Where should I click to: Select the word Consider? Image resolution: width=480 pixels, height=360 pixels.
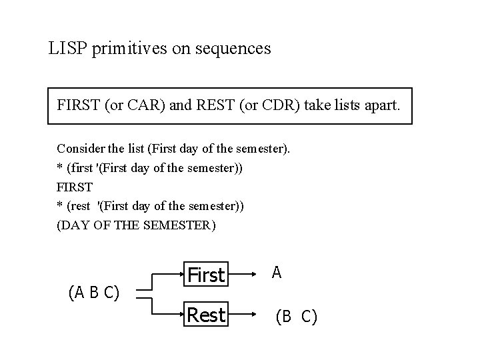pos(78,148)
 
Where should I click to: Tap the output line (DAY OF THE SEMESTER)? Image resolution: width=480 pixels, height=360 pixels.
pos(137,225)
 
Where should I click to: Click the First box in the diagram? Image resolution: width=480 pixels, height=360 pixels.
pos(207,275)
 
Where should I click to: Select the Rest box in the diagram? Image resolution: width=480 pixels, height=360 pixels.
pos(207,314)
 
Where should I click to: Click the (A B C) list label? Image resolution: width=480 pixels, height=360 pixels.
pos(94,291)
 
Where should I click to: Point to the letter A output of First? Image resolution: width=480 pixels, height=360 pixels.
pos(277,272)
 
